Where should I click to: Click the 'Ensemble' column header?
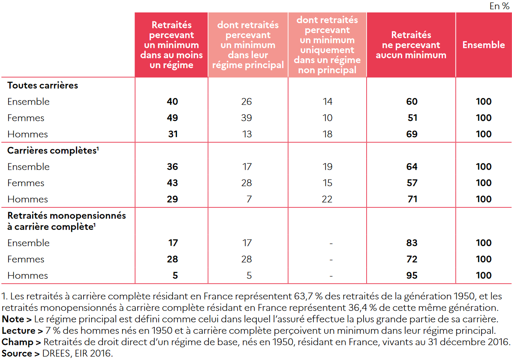pos(483,45)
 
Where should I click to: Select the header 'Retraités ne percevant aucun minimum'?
pos(411,45)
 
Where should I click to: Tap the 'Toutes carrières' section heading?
pos(43,85)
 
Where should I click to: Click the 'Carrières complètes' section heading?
pos(51,151)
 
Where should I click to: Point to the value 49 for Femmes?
pos(172,118)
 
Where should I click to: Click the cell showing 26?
pos(247,102)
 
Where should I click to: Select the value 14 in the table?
pos(327,102)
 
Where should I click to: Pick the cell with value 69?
pos(412,134)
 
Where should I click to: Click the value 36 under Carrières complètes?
pos(172,167)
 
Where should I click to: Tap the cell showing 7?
pos(249,199)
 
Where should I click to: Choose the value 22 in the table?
pos(327,199)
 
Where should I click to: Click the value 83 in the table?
pos(412,243)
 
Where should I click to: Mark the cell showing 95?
pos(412,276)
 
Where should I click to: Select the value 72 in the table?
pos(412,259)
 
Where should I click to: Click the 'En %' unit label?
pos(499,6)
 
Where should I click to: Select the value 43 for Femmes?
pos(172,183)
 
